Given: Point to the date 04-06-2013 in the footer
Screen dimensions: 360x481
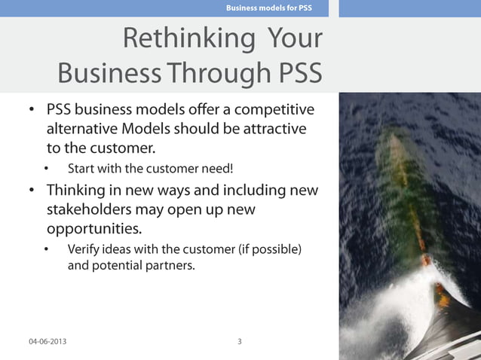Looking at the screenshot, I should [x=47, y=341].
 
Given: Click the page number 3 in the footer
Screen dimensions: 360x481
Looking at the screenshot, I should [x=240, y=341].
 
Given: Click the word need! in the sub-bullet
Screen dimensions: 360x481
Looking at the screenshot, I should [x=227, y=167].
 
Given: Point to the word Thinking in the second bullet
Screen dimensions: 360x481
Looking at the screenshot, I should [x=78, y=189].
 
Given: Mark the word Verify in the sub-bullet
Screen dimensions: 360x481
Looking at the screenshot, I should [x=84, y=249].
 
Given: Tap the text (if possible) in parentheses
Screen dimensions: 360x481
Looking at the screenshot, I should [x=269, y=249].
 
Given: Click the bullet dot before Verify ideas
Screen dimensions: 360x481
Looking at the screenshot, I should [x=47, y=249].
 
